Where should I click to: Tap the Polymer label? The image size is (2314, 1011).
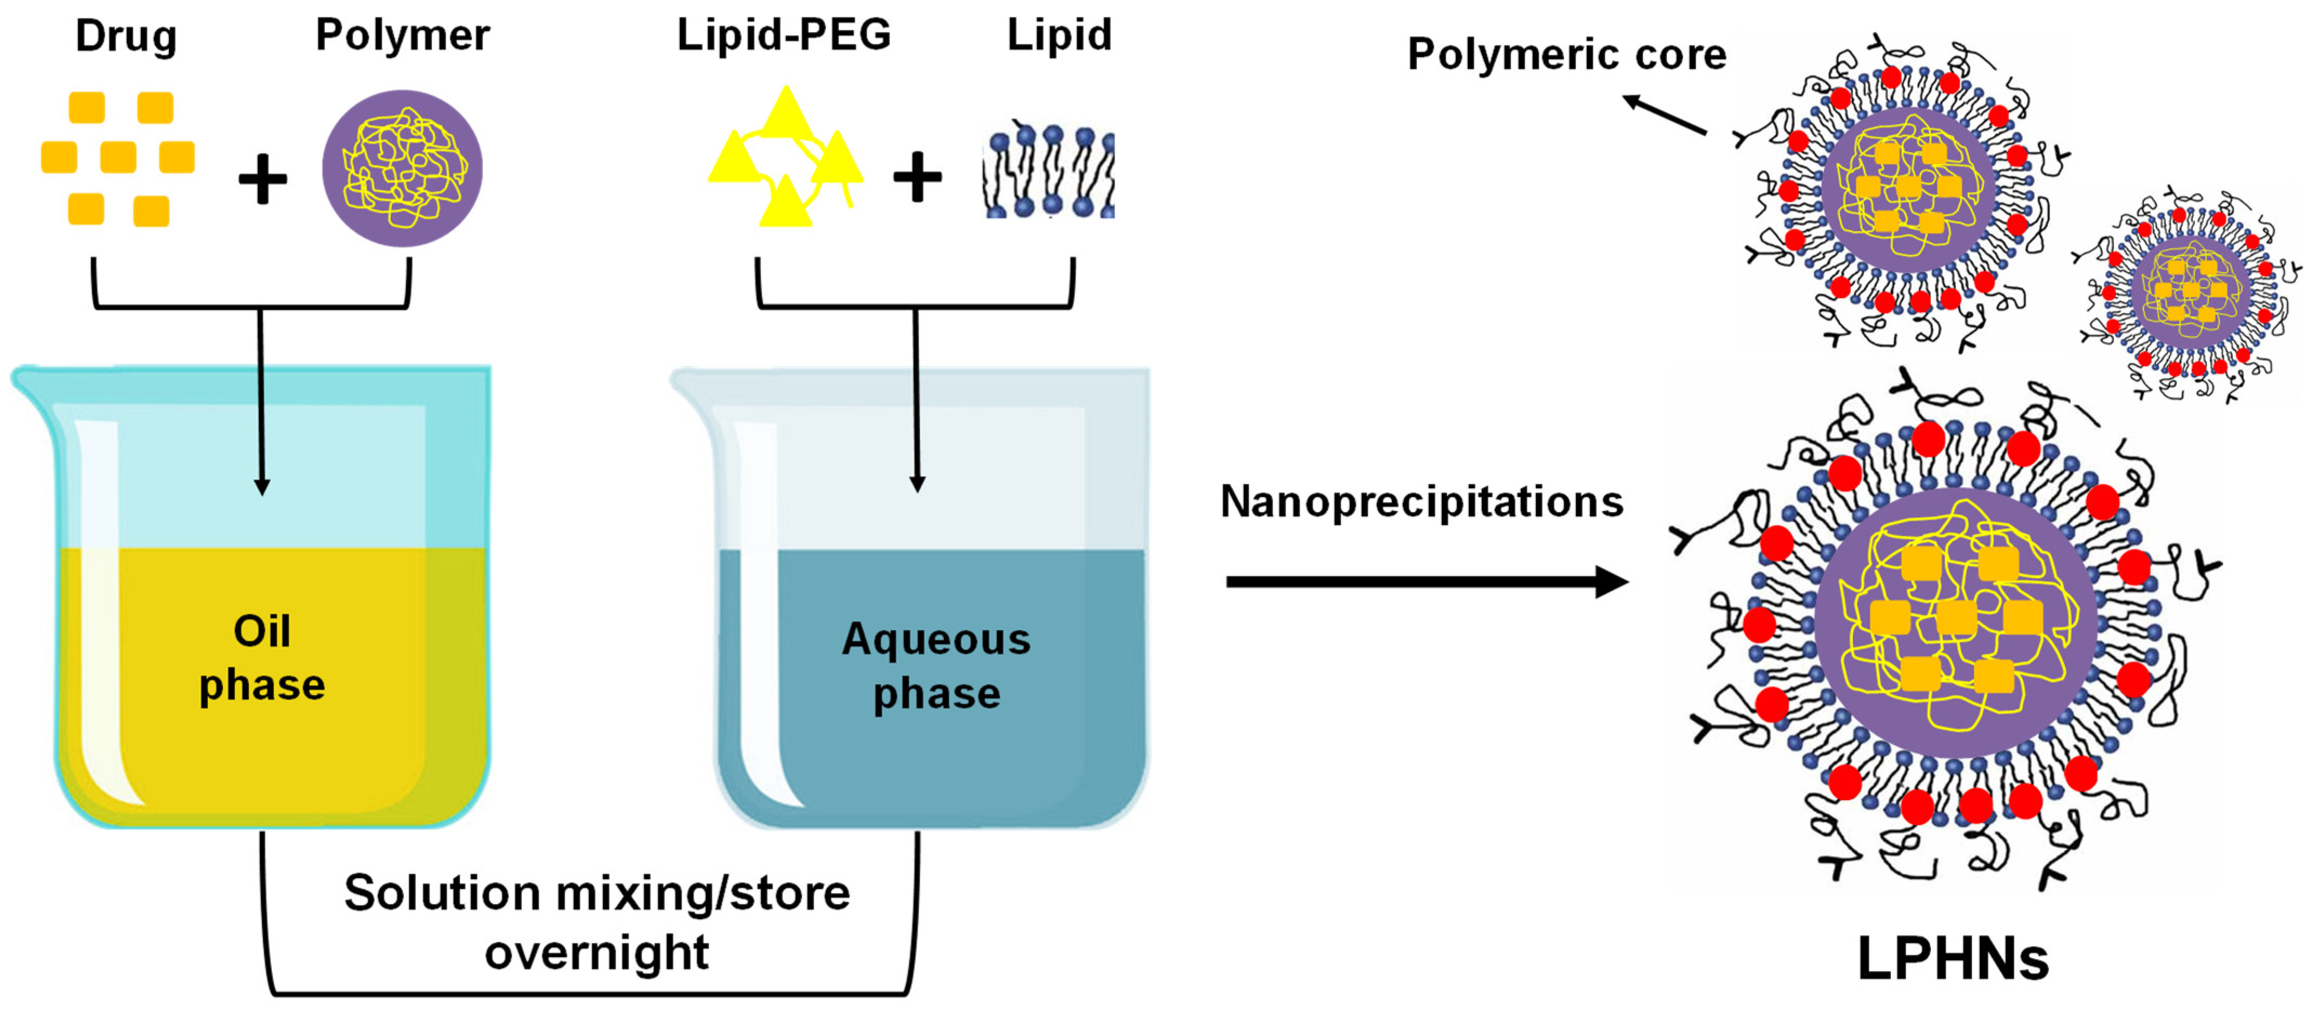coord(403,36)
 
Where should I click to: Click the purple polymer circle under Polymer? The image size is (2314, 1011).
coord(403,168)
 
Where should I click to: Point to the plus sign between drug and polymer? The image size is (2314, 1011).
coord(262,178)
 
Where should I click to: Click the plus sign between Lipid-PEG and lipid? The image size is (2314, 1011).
coord(917,176)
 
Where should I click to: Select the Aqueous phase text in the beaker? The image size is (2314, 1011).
coord(936,666)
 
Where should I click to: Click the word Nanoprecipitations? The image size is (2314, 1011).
coord(1421,501)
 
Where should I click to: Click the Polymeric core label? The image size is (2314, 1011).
coord(1567,54)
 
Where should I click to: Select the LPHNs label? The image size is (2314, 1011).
coord(1953,959)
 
